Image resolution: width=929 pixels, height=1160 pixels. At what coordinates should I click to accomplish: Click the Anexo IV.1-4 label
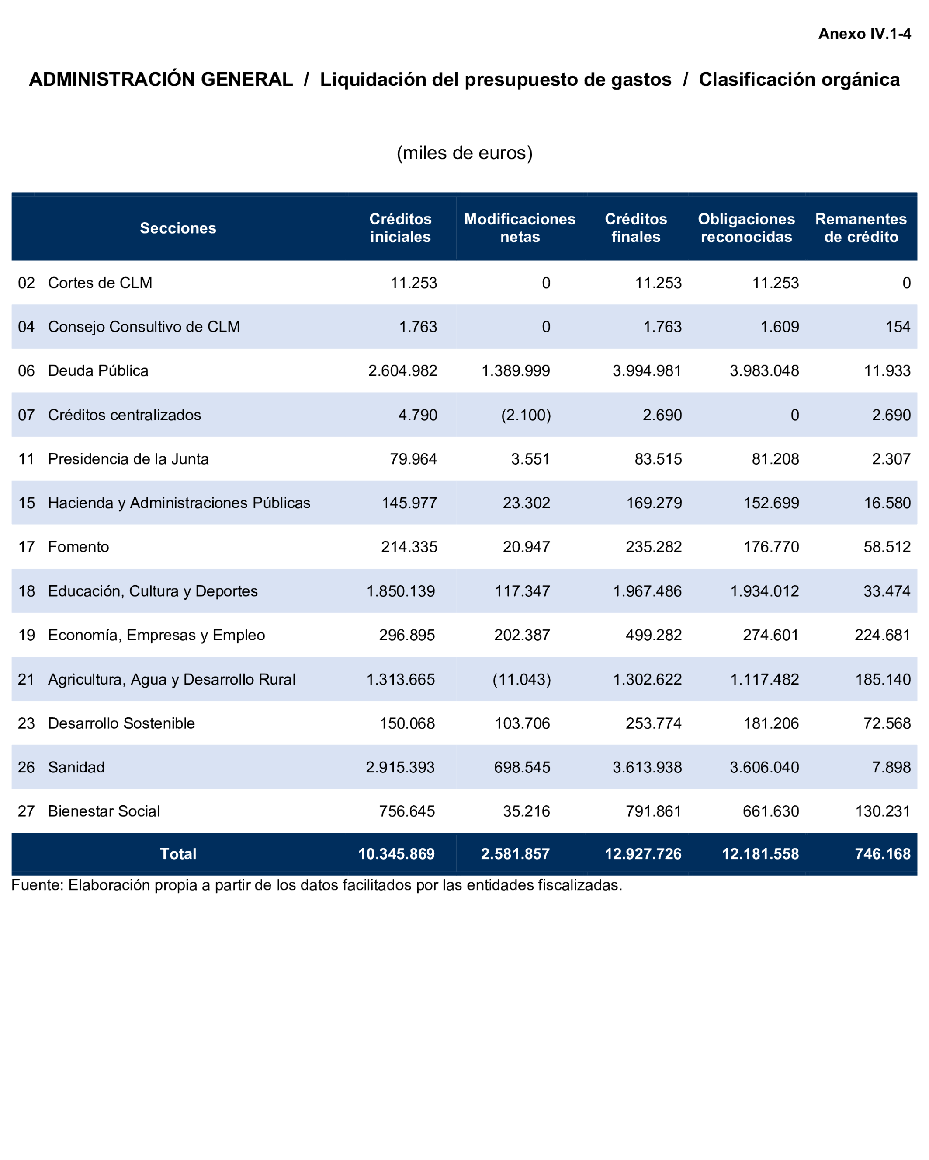(x=864, y=34)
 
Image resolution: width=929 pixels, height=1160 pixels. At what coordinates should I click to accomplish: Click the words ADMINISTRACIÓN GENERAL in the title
(x=161, y=80)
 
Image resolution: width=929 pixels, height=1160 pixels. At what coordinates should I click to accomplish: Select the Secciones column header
(x=178, y=228)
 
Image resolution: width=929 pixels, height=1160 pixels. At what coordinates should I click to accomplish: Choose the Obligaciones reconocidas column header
(x=746, y=228)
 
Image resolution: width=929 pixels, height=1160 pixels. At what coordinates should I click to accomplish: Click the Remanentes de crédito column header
(x=861, y=228)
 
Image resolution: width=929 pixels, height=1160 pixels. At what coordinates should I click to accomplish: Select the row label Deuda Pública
(x=98, y=371)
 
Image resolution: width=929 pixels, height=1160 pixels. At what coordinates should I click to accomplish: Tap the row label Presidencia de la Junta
(x=128, y=459)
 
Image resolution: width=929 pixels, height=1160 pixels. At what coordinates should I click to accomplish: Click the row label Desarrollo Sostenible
(x=121, y=723)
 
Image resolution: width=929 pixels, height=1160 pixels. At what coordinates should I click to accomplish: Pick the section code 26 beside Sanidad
(x=26, y=767)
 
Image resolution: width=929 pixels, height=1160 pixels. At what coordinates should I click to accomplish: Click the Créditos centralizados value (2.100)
(x=526, y=415)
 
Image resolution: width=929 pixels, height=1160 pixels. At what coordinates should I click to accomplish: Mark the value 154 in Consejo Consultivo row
(x=898, y=327)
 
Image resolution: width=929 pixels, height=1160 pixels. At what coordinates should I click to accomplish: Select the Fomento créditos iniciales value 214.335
(x=409, y=547)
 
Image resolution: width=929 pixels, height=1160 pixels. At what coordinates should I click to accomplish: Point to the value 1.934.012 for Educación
(x=764, y=591)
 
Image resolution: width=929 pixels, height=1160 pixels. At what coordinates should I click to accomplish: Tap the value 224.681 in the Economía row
(x=882, y=635)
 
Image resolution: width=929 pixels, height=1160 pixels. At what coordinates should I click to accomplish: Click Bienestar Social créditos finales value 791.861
(x=653, y=811)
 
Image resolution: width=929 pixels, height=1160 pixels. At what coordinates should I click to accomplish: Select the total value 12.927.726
(x=643, y=854)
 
